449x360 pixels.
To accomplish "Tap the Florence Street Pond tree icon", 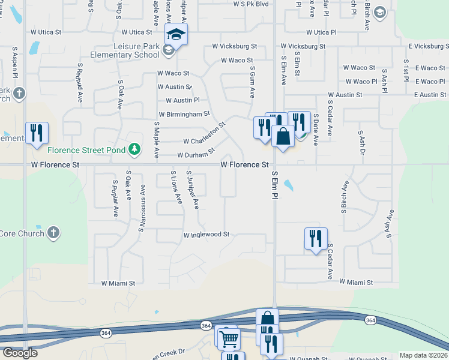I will tap(136, 149).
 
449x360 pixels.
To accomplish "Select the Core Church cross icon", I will tap(53, 233).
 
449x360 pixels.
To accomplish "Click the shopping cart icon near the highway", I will tap(228, 339).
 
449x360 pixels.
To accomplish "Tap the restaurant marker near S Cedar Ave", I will tap(315, 239).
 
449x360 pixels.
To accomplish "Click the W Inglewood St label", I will tap(206, 235).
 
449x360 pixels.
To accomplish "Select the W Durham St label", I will tap(196, 155).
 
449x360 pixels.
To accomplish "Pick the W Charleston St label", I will tap(204, 136).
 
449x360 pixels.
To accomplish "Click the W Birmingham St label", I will tap(184, 114).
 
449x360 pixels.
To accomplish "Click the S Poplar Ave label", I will tap(115, 197).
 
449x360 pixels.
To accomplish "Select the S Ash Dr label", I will tap(361, 142).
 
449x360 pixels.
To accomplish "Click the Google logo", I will tap(20, 352).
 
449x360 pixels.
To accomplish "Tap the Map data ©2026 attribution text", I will tap(423, 355).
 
